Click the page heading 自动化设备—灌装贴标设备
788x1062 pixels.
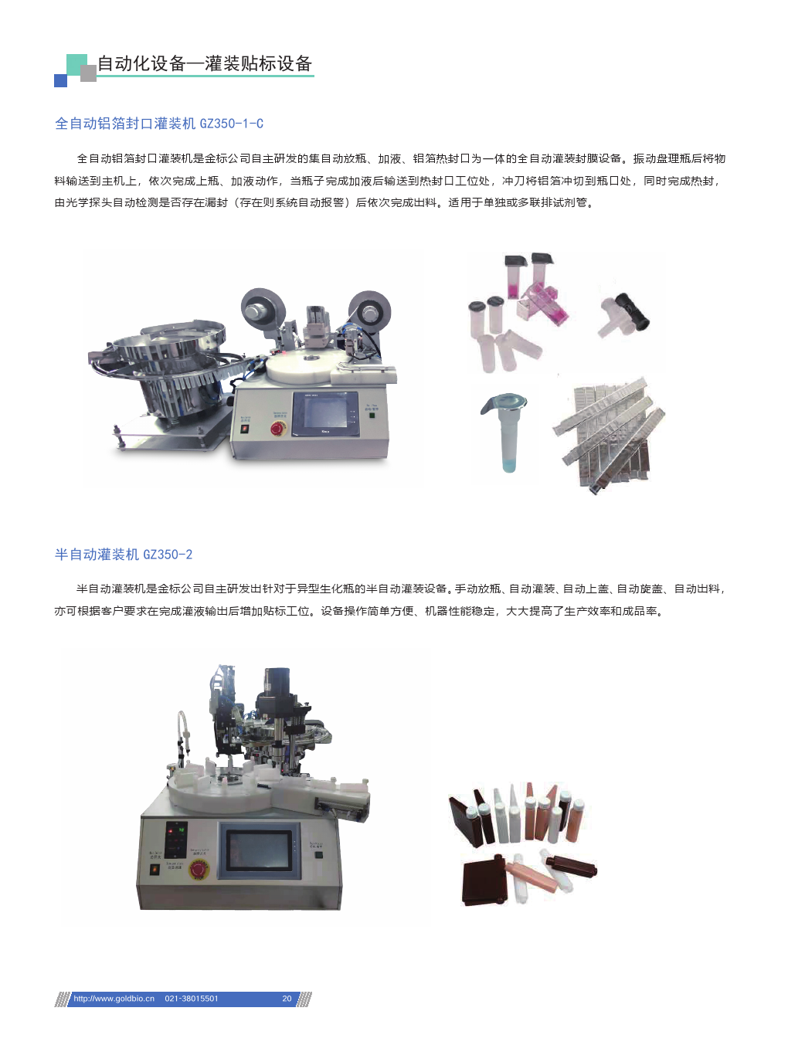205,63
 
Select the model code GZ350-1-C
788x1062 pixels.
231,124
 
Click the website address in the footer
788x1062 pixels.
114,999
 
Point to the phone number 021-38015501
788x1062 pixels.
191,999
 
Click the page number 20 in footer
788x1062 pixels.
287,999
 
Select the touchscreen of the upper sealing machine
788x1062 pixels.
325,414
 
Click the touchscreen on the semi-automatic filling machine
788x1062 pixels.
259,850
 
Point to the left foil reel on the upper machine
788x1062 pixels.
263,309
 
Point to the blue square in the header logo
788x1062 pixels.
60,80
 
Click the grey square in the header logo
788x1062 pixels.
88,73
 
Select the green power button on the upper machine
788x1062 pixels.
372,415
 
